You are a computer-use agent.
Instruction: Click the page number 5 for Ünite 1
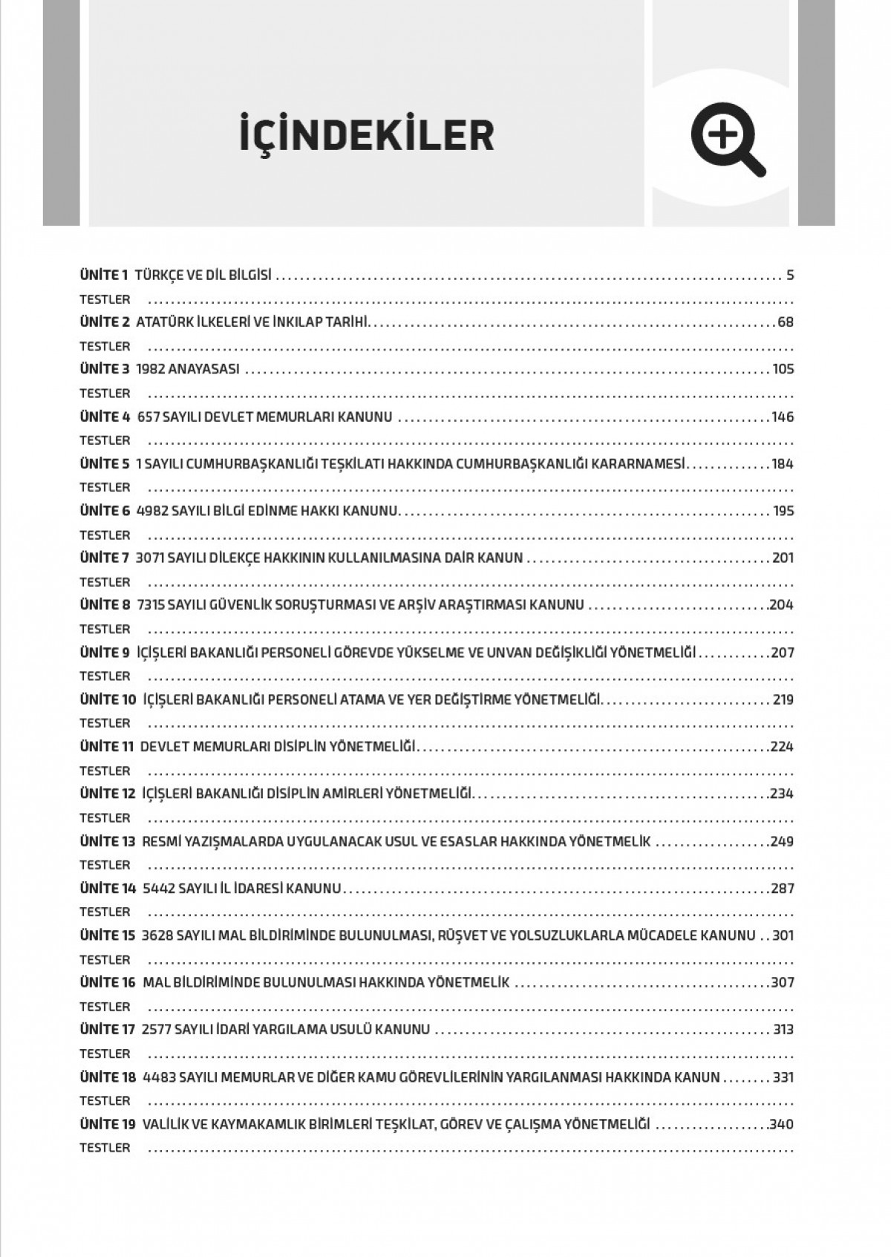(x=790, y=275)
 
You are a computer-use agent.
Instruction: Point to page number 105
(x=783, y=369)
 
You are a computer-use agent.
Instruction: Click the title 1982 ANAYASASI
(x=188, y=369)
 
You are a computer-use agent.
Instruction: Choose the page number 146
(x=783, y=417)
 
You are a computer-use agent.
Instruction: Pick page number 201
(x=783, y=558)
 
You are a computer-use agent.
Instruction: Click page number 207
(x=783, y=653)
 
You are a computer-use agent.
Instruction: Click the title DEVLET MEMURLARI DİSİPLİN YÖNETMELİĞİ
(x=278, y=747)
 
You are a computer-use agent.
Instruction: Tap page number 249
(x=783, y=841)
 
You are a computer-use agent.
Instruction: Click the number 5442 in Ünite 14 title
(x=158, y=888)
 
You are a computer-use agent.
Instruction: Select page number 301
(x=783, y=936)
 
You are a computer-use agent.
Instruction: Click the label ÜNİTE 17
(x=108, y=1030)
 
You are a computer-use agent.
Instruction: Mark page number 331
(x=783, y=1077)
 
